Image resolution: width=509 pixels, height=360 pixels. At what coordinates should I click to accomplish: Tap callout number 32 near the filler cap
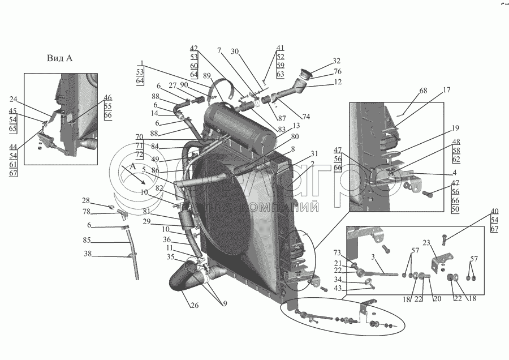point(337,61)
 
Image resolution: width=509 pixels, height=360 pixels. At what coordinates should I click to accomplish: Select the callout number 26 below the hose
point(194,307)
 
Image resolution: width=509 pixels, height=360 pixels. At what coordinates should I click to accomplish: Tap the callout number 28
point(86,200)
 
